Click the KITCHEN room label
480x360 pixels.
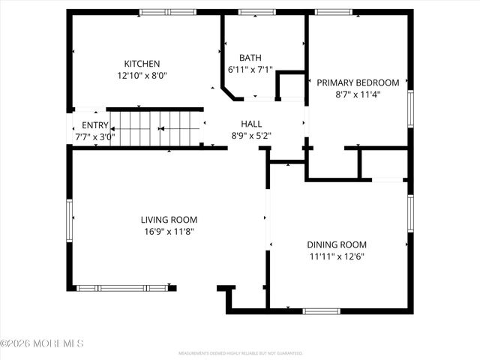pos(142,64)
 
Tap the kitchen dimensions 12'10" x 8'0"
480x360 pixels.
pos(142,76)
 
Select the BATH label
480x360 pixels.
pos(250,58)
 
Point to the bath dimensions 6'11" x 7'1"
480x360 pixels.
pos(250,70)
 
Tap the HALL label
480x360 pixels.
pos(251,124)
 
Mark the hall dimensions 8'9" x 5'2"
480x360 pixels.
pos(251,136)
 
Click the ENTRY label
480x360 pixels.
pos(95,125)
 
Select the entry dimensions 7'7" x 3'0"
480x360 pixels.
pos(95,137)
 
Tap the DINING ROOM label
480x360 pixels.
pos(337,244)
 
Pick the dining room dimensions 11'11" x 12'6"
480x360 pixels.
pos(337,256)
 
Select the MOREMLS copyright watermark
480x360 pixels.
pos(42,343)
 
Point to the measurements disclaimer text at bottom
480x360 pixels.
pos(240,352)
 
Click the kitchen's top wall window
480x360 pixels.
pos(167,12)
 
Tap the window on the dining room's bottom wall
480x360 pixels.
pos(321,310)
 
